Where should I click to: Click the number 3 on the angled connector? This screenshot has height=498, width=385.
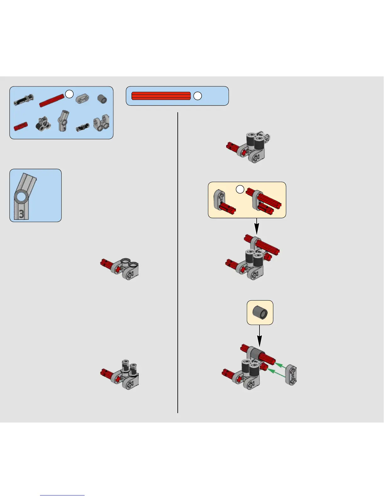point(21,214)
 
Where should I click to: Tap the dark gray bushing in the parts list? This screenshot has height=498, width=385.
point(102,100)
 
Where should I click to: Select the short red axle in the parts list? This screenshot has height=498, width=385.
point(21,126)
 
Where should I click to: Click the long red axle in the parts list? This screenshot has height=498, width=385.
point(52,100)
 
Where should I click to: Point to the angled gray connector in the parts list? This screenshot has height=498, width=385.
point(63,121)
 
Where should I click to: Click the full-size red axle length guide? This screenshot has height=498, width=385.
point(161,96)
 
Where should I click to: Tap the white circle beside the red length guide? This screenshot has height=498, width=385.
point(198,96)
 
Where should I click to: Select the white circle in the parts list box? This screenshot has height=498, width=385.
point(69,94)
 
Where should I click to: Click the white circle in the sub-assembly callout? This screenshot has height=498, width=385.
point(240,189)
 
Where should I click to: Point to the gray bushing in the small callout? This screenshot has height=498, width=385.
point(260,313)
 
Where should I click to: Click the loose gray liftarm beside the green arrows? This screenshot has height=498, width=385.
point(291,375)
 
